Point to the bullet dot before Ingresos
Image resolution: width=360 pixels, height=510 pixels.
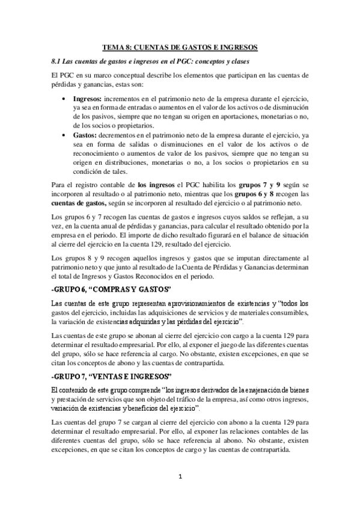(64, 99)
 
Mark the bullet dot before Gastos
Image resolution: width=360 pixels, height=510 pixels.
(64, 136)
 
